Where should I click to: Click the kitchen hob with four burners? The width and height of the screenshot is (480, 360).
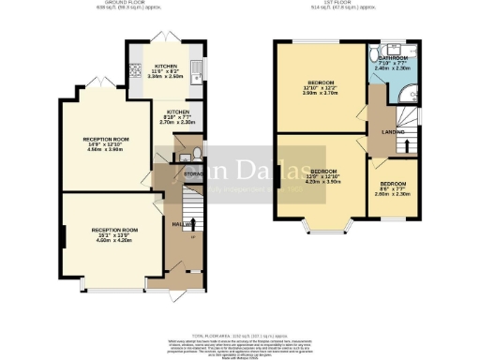(x=135, y=68)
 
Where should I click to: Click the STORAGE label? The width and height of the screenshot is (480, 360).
(x=193, y=174)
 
